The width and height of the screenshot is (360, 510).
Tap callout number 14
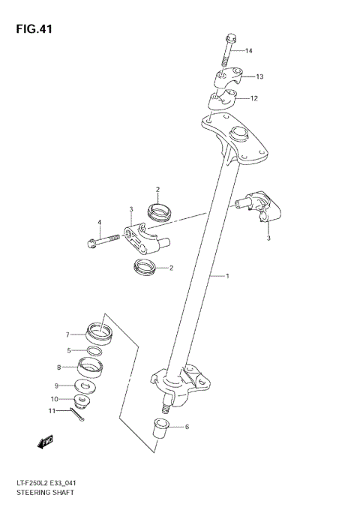[248, 51]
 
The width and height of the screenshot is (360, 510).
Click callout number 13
[259, 76]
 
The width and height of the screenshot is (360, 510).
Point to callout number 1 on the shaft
[227, 276]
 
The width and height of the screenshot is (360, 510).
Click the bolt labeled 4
[103, 241]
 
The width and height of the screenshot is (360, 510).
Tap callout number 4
[97, 222]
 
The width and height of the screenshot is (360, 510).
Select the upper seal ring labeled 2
[160, 212]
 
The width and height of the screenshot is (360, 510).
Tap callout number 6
[187, 427]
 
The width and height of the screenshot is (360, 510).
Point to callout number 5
[68, 350]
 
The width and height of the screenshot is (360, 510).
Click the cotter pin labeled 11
[78, 413]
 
